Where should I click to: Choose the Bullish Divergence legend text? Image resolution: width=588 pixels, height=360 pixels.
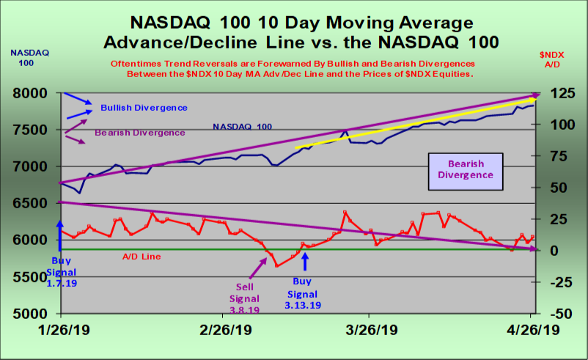tap(144, 108)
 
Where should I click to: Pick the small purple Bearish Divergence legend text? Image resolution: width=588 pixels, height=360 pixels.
tap(140, 133)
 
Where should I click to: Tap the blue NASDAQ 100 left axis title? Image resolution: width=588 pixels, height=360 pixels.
tap(23, 57)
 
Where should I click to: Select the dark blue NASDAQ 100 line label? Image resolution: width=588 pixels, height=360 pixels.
tap(243, 127)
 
